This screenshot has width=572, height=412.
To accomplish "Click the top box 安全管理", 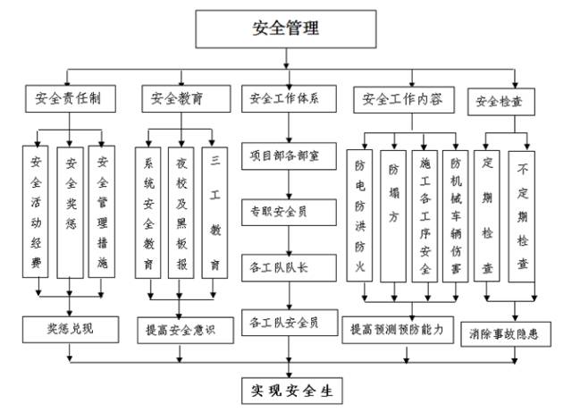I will [285, 29].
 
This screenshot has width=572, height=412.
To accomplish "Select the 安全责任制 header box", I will [69, 99].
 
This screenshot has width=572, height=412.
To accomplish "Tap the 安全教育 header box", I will [177, 99].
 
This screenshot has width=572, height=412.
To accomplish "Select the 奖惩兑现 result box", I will [71, 328].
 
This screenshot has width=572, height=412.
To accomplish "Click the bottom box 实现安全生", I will [290, 390].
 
